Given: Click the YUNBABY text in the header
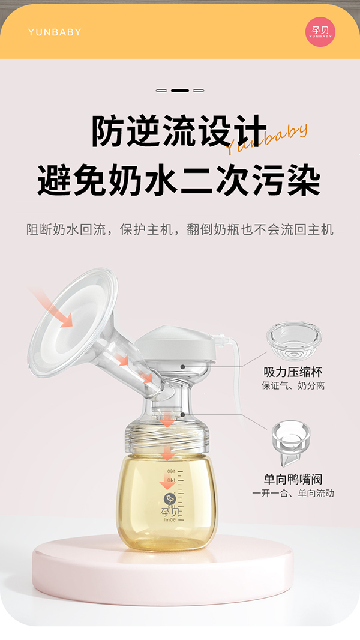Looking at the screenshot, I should [x=54, y=32].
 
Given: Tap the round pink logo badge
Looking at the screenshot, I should [x=320, y=32].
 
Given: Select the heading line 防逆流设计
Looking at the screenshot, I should [x=179, y=131].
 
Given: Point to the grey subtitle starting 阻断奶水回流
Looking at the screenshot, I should [x=179, y=229].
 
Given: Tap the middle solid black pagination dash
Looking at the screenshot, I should [x=179, y=91].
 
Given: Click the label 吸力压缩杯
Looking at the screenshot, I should [x=293, y=372].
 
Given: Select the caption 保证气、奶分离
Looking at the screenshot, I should [x=293, y=386].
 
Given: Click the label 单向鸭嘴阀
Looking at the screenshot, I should [x=293, y=479].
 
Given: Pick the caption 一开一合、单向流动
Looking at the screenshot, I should [x=293, y=493].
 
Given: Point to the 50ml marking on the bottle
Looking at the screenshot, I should [x=171, y=520].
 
